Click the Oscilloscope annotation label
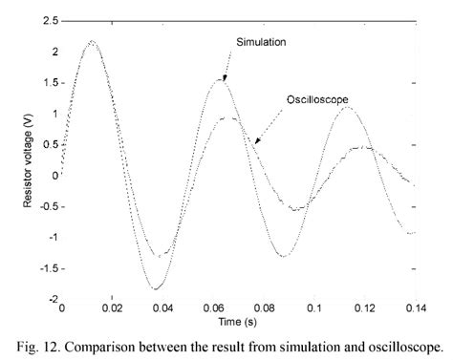[x=314, y=99]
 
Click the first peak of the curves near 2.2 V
[x=91, y=41]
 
